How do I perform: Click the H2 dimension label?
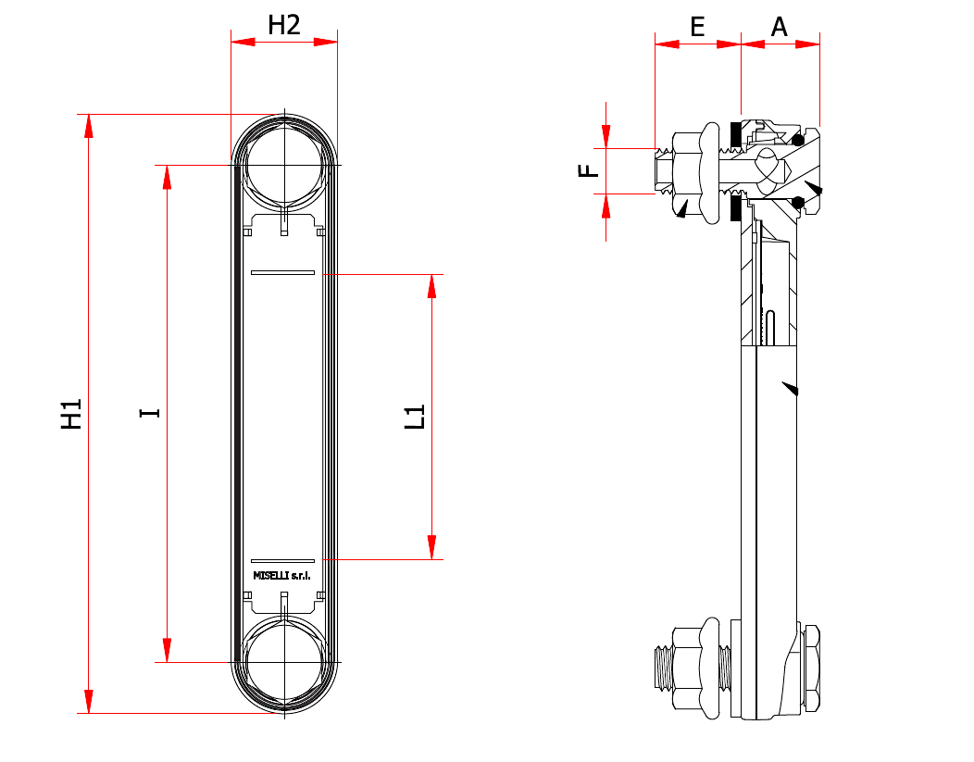(284, 26)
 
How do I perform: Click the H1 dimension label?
(71, 414)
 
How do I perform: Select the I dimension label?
(150, 413)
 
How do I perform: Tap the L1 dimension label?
(415, 416)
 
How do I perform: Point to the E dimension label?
(697, 28)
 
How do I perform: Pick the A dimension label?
(779, 28)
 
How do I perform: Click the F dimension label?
(588, 170)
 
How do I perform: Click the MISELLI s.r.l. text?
(282, 576)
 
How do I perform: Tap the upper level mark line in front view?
(282, 272)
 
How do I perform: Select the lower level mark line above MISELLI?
(282, 561)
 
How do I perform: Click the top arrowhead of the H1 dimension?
(89, 126)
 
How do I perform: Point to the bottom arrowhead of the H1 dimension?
(89, 701)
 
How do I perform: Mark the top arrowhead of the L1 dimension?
(431, 286)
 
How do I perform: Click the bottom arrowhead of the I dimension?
(167, 650)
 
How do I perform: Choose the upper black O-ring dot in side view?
(798, 140)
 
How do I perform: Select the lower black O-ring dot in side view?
(798, 203)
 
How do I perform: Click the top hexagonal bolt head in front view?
(284, 165)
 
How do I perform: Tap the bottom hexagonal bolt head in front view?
(284, 663)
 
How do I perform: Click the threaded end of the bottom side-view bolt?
(664, 668)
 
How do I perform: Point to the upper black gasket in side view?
(735, 134)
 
